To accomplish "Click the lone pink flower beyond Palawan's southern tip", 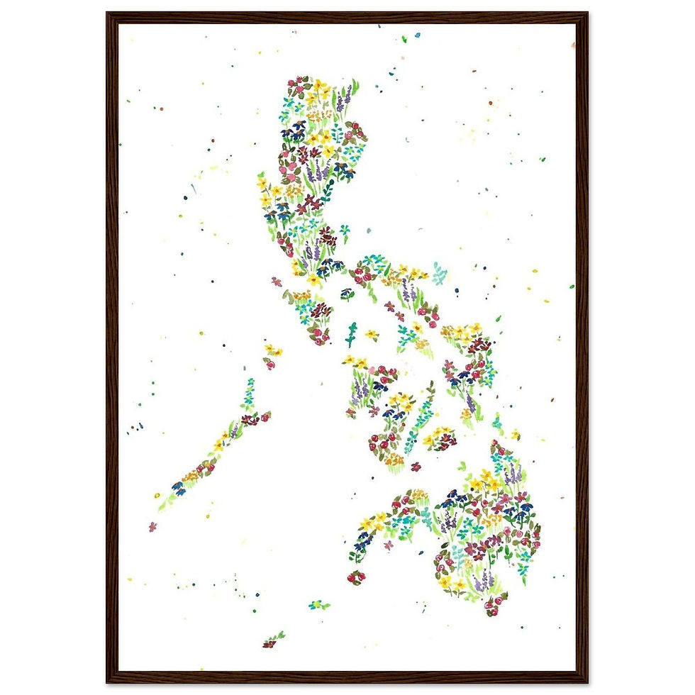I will (152, 526).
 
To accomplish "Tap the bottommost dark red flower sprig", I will (271, 641).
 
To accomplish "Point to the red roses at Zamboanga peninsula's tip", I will (355, 577).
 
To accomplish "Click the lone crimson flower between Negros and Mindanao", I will (416, 467).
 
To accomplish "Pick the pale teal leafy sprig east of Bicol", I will (440, 274).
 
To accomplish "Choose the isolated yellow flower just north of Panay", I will (371, 333).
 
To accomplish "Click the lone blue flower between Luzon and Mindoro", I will (347, 293).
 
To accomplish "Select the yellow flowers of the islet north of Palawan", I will (272, 350).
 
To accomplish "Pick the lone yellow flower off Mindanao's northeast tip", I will (516, 434).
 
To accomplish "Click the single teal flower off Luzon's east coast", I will (345, 230).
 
